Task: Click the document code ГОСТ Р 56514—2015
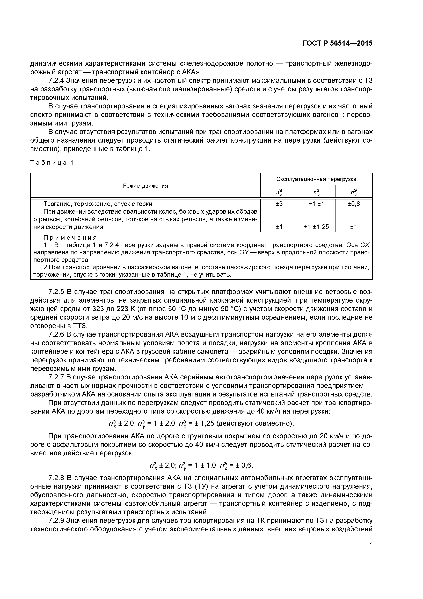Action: pos(338,43)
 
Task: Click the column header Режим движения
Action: pos(145,186)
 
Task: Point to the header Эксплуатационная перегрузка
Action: pos(316,179)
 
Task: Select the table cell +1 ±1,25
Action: pos(316,227)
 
